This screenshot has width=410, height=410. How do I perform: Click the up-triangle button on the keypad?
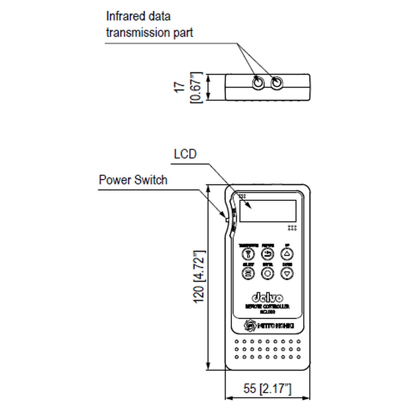click(x=287, y=254)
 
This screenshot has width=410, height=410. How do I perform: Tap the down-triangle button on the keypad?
click(x=287, y=273)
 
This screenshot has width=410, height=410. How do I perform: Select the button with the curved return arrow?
click(x=268, y=254)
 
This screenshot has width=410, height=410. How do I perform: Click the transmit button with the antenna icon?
click(x=248, y=254)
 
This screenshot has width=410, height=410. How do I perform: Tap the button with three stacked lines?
click(x=248, y=273)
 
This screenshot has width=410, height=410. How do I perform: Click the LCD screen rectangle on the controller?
click(x=268, y=211)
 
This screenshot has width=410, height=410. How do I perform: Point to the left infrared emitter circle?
click(x=258, y=83)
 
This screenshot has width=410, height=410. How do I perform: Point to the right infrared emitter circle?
click(x=276, y=83)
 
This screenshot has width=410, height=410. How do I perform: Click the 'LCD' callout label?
click(x=185, y=154)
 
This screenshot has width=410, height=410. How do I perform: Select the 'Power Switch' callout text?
click(x=133, y=180)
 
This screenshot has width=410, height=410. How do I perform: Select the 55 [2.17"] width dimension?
click(x=267, y=388)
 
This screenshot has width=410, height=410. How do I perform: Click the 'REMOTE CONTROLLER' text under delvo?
click(x=267, y=307)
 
